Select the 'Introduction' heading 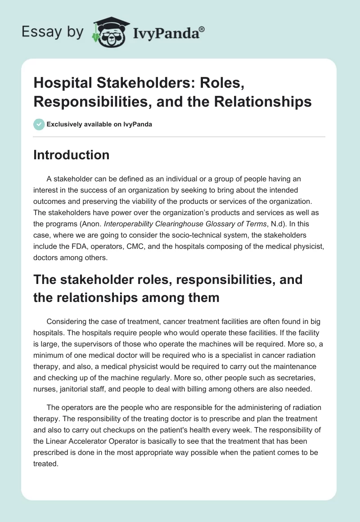tap(71, 155)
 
